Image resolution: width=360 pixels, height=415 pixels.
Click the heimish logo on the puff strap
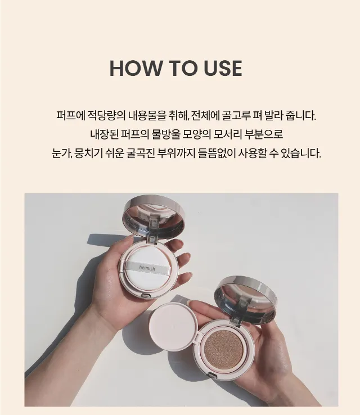(x=147, y=268)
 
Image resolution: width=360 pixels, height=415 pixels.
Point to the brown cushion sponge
(x=224, y=350)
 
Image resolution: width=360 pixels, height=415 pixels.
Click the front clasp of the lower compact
(x=211, y=375)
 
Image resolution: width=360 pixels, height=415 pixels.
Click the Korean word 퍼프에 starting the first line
(x=71, y=116)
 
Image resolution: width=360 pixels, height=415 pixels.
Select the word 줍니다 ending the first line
(x=301, y=116)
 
